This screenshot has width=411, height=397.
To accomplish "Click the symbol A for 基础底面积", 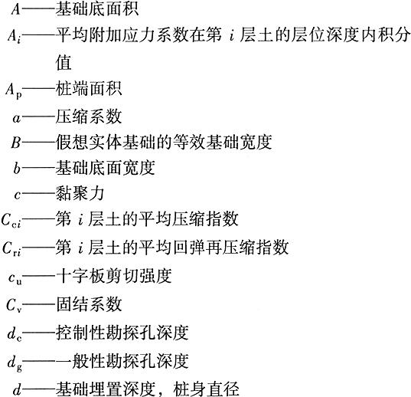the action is point(16,9).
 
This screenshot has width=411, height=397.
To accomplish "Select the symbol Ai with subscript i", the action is point(14,36).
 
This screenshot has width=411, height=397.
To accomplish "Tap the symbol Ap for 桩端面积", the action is point(14,90).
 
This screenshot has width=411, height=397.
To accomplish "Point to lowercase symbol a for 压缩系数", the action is point(16,118).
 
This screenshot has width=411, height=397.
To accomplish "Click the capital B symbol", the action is point(16,143).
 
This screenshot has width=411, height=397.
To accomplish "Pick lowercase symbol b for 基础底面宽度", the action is point(17,168).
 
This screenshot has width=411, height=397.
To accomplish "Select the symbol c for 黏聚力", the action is point(18,195).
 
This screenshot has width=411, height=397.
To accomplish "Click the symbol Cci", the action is point(11,221).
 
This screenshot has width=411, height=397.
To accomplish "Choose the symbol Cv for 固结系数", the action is point(14,306).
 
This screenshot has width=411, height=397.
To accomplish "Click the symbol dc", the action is point(15,333).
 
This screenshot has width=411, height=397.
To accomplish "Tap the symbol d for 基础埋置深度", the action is point(17,389).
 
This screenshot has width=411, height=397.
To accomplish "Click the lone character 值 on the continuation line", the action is point(64,62).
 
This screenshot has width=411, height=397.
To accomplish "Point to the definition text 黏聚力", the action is point(80,194).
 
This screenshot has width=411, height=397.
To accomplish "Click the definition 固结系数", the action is point(89,304).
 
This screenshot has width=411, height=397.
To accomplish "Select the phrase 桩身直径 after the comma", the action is point(206,389).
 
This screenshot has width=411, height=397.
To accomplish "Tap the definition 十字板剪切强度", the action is point(114,276).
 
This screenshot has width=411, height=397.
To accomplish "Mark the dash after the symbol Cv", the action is point(39,304).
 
